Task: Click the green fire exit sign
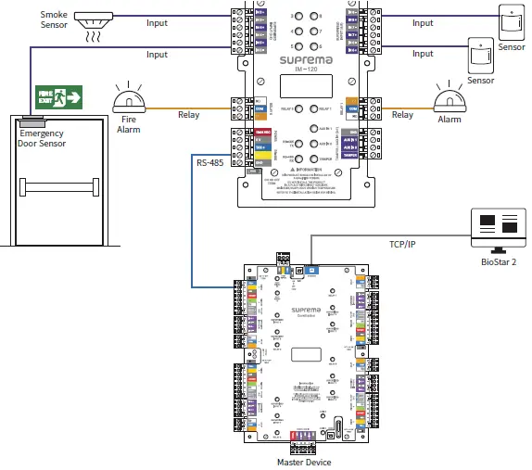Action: tap(59, 96)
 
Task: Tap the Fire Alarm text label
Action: tap(127, 124)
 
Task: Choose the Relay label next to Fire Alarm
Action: tap(189, 115)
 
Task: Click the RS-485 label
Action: tap(209, 163)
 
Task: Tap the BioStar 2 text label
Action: tap(498, 263)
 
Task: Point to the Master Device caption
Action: tap(303, 462)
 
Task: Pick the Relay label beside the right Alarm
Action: tap(402, 115)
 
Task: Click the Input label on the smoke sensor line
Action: tap(158, 23)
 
